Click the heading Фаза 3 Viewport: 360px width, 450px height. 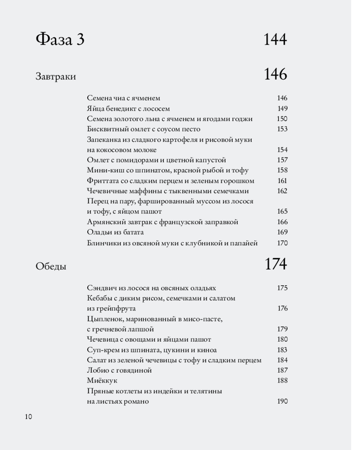60,40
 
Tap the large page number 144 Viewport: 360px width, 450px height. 275,40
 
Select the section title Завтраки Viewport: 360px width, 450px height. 56,76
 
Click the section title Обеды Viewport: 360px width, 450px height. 51,266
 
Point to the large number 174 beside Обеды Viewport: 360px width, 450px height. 275,265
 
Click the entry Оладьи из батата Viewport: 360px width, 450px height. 115,233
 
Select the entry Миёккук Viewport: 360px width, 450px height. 102,381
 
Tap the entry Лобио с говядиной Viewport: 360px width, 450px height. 119,370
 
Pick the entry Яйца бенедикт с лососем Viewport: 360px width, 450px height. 128,108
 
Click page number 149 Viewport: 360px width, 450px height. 282,108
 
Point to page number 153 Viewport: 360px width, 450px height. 282,129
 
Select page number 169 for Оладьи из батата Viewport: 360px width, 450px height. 282,233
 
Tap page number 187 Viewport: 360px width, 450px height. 282,370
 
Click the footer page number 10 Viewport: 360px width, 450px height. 28,417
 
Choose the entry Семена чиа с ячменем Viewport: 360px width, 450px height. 123,98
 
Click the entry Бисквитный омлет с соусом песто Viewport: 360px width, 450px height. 144,129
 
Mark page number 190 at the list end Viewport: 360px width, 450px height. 282,401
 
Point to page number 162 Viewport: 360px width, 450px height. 282,191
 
